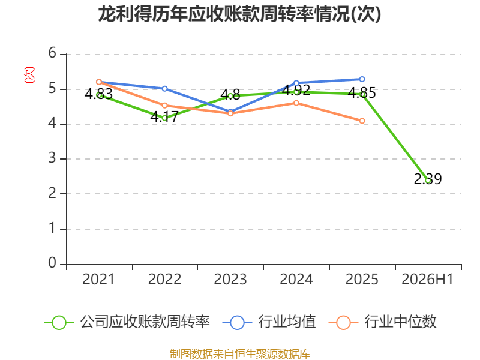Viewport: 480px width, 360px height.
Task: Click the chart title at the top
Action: [239, 14]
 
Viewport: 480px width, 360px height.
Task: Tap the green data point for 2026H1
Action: [428, 181]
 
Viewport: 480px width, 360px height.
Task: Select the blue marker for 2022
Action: [164, 88]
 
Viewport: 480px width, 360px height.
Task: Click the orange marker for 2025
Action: [362, 121]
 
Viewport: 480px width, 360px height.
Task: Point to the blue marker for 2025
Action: [362, 79]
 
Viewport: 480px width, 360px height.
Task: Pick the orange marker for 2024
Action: [296, 103]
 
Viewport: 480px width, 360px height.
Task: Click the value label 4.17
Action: [164, 117]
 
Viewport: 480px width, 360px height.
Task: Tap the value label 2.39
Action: [428, 179]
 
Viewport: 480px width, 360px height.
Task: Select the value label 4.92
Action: [296, 91]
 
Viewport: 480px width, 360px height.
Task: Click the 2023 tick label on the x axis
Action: [230, 280]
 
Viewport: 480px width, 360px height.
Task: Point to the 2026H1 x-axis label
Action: [427, 280]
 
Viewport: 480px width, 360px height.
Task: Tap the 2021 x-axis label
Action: [98, 280]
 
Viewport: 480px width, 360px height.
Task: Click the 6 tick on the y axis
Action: [52, 53]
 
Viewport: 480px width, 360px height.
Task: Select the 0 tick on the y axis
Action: [52, 263]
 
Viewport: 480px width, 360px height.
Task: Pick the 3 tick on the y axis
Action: [52, 158]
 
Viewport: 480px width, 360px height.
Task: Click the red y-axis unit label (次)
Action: [29, 75]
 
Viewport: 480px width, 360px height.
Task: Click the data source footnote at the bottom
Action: [239, 354]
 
